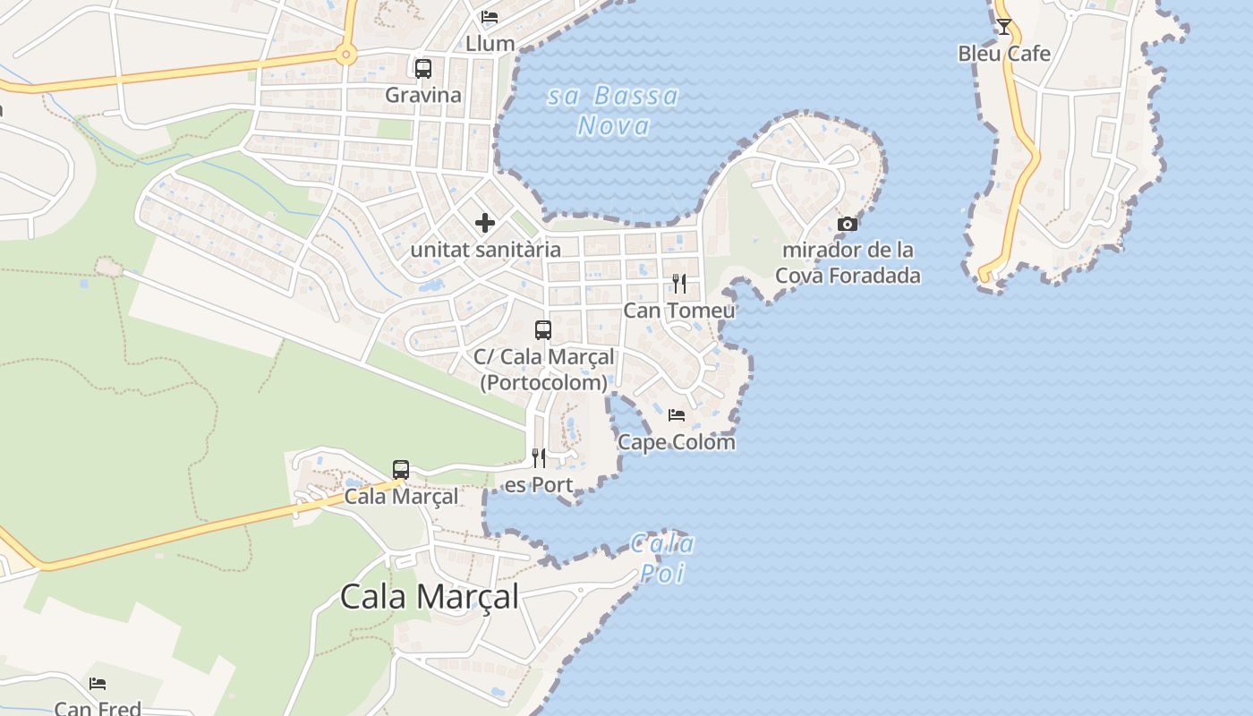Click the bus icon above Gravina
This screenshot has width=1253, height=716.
tap(423, 68)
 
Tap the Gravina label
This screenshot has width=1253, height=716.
tap(423, 95)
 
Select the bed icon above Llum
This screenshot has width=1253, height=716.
tap(490, 17)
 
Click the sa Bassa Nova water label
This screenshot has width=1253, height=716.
tap(613, 110)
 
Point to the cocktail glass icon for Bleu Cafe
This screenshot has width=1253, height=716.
tap(1004, 27)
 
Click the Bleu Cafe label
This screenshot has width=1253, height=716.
tap(1004, 54)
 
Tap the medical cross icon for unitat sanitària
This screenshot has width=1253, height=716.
tap(485, 222)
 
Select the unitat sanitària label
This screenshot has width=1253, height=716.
tap(485, 250)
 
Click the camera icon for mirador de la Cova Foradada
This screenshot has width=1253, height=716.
tap(847, 224)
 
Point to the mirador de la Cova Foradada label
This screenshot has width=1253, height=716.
tap(847, 262)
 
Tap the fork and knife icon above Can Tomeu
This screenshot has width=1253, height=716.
tap(679, 284)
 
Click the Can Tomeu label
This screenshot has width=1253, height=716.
tap(679, 311)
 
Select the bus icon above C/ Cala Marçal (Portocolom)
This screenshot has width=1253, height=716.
tap(543, 329)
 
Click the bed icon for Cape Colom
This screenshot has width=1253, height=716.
tap(677, 415)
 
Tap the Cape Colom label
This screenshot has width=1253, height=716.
tap(677, 442)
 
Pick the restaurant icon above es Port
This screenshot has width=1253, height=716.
tap(539, 458)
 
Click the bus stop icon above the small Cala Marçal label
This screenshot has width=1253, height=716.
tap(401, 469)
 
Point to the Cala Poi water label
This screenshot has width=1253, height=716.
tap(662, 558)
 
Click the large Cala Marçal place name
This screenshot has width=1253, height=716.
tap(430, 596)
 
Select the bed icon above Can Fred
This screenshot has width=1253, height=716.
tap(98, 684)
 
